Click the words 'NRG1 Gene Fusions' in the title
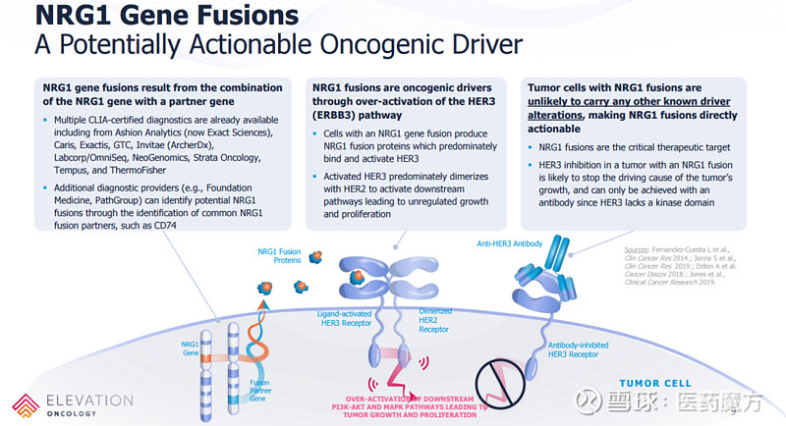[x=153, y=17]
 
